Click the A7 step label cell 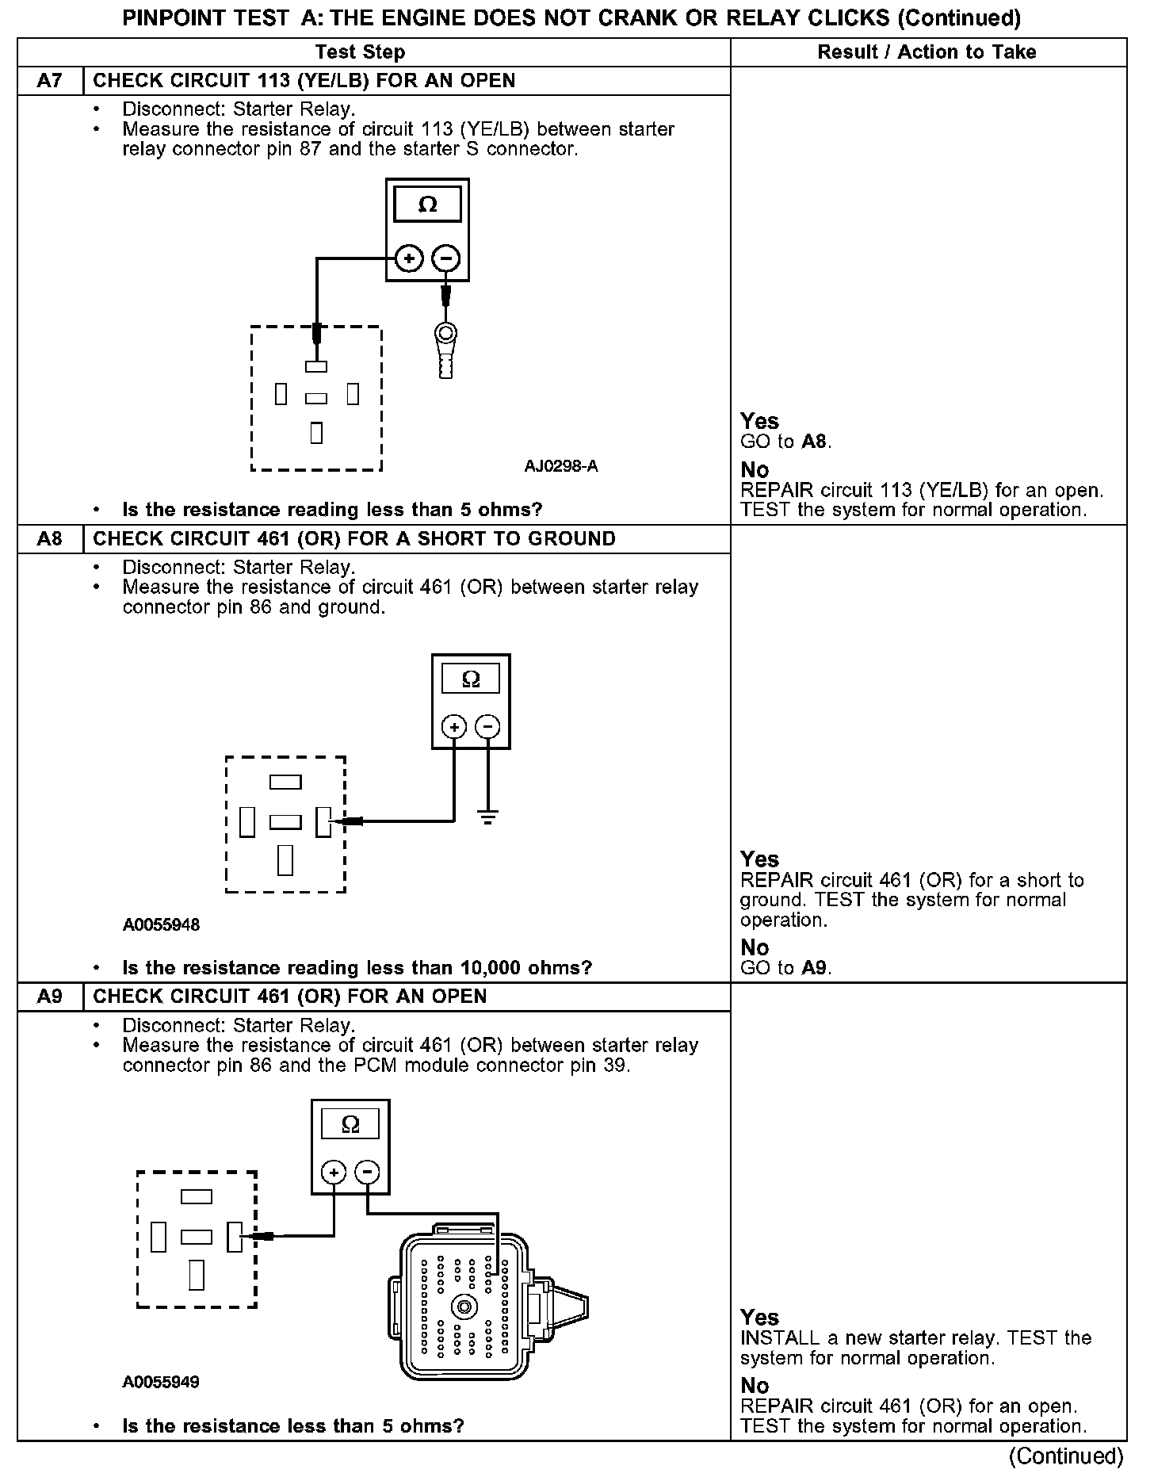[x=50, y=81]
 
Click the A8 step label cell [x=50, y=539]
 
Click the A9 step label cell [x=50, y=997]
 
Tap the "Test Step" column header [x=360, y=52]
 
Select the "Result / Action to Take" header [x=927, y=52]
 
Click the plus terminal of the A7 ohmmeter [x=409, y=258]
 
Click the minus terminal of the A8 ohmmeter [x=487, y=726]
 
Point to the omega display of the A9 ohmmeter [x=350, y=1124]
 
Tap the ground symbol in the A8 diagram [x=487, y=817]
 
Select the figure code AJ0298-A [x=561, y=466]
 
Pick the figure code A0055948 [x=161, y=924]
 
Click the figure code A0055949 [x=161, y=1382]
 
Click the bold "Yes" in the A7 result [x=759, y=421]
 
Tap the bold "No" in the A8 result [x=755, y=947]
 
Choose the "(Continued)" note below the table [x=1065, y=1456]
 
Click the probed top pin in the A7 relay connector [x=316, y=367]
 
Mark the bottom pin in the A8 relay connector [x=285, y=860]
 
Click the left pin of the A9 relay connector [x=159, y=1236]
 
